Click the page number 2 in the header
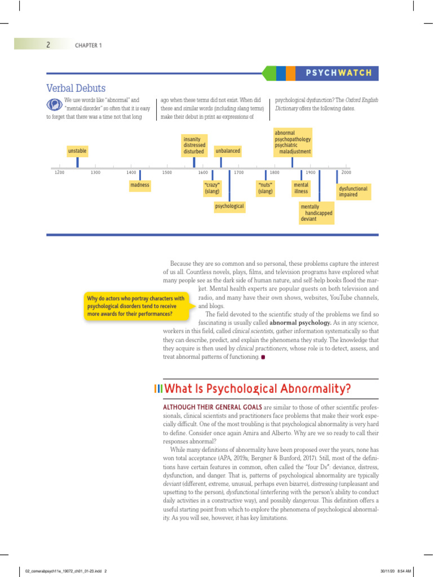pos(48,45)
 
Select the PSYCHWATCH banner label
pos(339,73)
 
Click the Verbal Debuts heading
pos(76,88)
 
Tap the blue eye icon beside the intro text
pos(55,104)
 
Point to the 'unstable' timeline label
pos(77,151)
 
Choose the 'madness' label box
pos(140,185)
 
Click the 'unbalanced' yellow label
pos(228,151)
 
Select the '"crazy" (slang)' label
pos(212,188)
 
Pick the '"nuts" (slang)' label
pos(265,188)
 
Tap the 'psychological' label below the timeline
pos(229,207)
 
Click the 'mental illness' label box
pos(301,188)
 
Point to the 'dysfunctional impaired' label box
pos(354,192)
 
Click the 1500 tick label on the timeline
pos(167,172)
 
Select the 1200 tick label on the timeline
pos(59,172)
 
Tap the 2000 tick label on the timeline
pos(346,172)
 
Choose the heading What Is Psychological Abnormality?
pos(257,388)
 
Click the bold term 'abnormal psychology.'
pos(301,323)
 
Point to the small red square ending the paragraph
pos(263,357)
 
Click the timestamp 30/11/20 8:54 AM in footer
pos(396,570)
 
